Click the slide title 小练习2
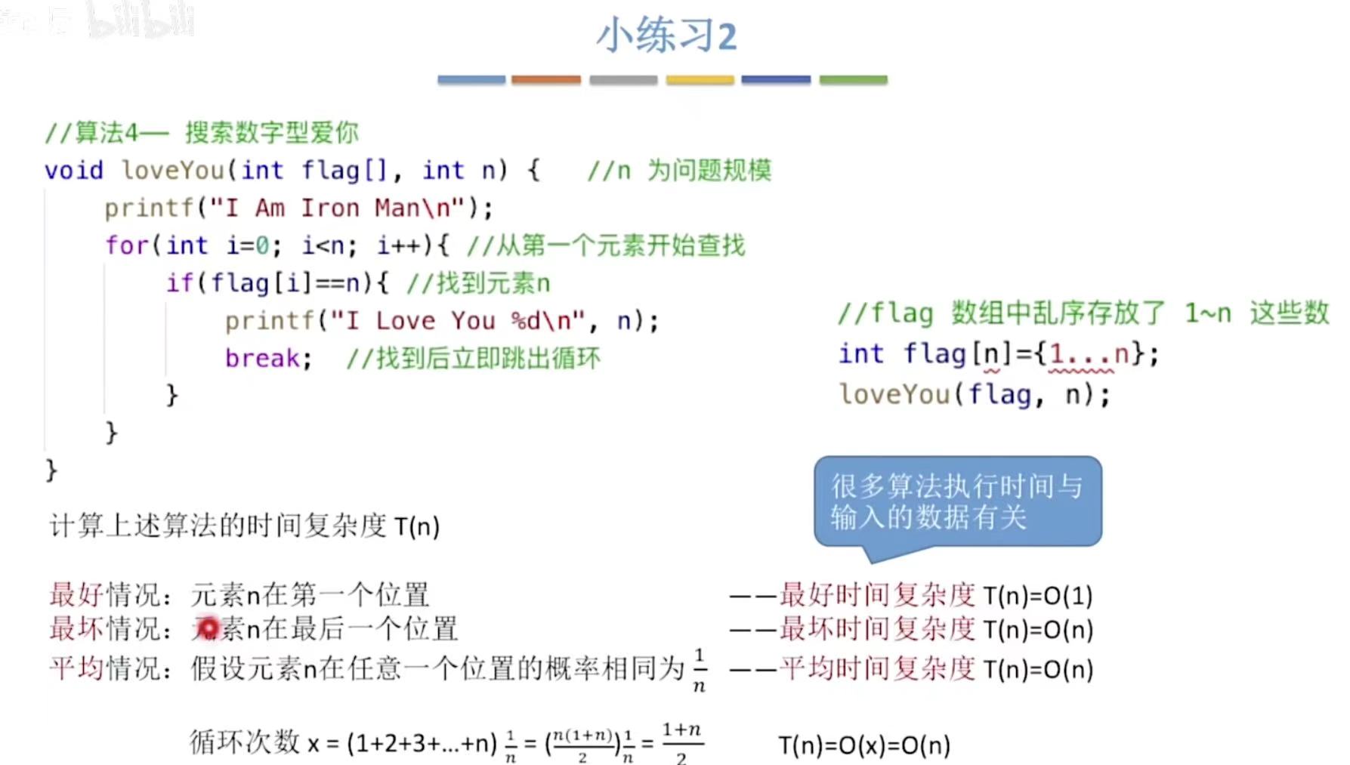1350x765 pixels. (x=666, y=35)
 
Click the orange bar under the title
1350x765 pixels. (x=545, y=79)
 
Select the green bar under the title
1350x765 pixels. (x=853, y=79)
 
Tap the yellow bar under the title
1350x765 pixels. (x=700, y=79)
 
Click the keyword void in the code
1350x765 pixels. (x=73, y=171)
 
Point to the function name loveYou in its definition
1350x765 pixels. (x=173, y=171)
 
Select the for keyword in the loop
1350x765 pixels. (x=126, y=245)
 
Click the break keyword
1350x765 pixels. (x=261, y=358)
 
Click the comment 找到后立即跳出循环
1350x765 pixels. (x=487, y=358)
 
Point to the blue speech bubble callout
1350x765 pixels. (x=957, y=501)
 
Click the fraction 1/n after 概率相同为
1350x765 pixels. (x=700, y=669)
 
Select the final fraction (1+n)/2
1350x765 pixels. (x=681, y=744)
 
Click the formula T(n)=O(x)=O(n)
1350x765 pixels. (x=864, y=746)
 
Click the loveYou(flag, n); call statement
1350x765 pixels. (x=974, y=394)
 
